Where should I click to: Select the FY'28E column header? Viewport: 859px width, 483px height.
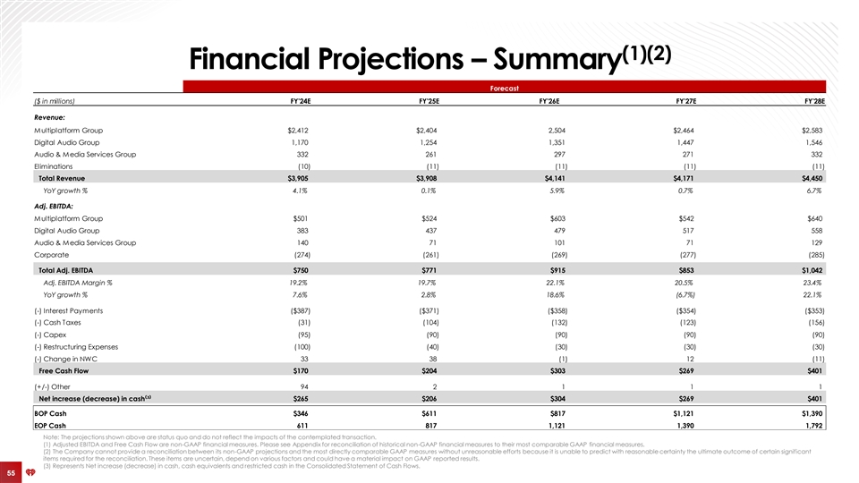[x=812, y=101]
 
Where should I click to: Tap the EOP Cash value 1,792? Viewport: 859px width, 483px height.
[x=812, y=425]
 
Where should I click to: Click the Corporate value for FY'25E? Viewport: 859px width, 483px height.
[x=427, y=254]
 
